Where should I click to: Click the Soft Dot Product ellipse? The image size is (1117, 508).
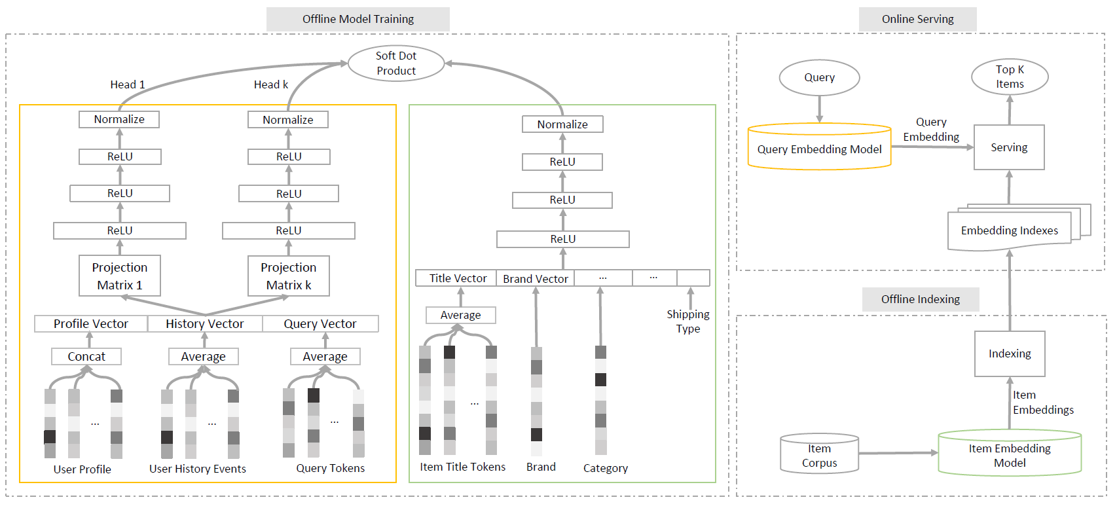coord(396,63)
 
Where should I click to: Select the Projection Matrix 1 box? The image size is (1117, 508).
coord(120,276)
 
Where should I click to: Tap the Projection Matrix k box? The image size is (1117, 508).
coord(289,276)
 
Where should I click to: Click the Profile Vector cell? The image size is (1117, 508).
coord(91,324)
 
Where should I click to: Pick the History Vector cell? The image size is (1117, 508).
coord(205,324)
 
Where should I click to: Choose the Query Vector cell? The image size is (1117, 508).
coord(320,324)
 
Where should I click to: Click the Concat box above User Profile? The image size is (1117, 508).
coord(86,357)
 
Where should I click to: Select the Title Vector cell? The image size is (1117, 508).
coord(457,278)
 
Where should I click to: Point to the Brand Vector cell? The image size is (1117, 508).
coord(535,278)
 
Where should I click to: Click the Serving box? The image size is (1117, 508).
coord(1009,147)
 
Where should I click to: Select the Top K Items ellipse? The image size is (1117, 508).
coord(1010,77)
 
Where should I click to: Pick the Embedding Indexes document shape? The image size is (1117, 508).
coord(1009,230)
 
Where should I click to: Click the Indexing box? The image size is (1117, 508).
coord(1010,354)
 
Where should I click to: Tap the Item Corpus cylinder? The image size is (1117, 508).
coord(819,454)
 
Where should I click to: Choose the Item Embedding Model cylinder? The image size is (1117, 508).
coord(1010,454)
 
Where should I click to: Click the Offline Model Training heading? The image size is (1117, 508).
coord(358,19)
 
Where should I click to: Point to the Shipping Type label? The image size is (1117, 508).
coord(688,321)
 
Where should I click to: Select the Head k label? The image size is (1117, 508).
coord(271,84)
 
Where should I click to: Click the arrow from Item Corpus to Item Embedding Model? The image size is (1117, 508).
coord(898,453)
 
